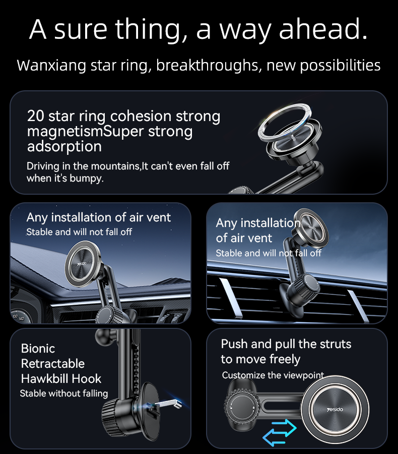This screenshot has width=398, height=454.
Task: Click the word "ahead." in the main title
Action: click(x=323, y=29)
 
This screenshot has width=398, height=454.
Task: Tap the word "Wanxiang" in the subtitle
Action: click(x=51, y=66)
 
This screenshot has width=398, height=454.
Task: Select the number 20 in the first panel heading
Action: click(x=36, y=116)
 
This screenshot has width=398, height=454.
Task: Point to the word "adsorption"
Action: click(x=64, y=146)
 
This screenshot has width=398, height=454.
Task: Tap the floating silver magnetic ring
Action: click(x=284, y=123)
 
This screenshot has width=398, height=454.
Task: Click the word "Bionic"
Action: click(x=38, y=348)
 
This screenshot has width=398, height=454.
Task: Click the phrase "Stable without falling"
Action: click(x=64, y=393)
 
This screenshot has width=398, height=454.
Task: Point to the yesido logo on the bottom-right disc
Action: click(x=335, y=410)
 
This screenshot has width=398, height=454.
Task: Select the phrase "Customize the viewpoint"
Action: click(x=273, y=375)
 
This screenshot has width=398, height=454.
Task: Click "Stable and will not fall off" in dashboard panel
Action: click(x=79, y=232)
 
